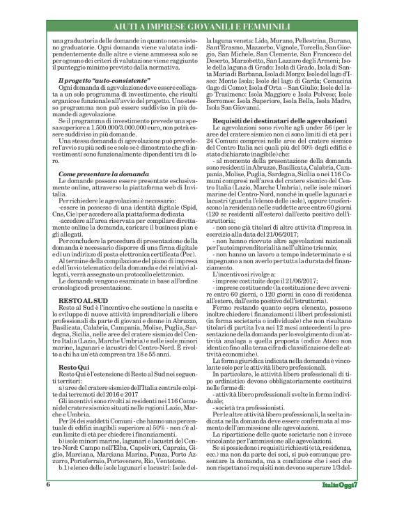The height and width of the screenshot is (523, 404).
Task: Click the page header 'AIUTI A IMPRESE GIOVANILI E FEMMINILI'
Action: [202, 26]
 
